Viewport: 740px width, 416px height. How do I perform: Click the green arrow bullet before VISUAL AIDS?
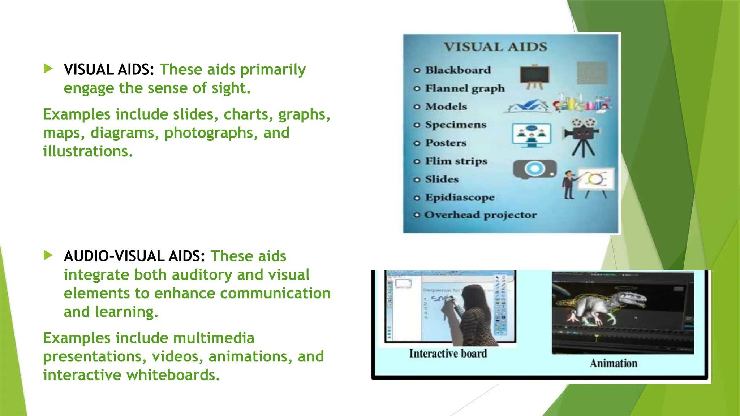point(48,68)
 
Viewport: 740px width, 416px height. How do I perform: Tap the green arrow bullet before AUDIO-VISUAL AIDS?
point(48,255)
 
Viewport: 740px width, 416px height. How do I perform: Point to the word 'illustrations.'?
point(88,151)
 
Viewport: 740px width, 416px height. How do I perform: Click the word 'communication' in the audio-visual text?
point(275,293)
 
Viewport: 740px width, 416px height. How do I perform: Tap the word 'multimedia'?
point(214,338)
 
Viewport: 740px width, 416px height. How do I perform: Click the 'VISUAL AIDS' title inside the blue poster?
point(495,47)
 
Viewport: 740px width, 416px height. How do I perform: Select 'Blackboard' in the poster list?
point(458,70)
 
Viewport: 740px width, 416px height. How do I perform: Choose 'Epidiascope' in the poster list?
point(460,198)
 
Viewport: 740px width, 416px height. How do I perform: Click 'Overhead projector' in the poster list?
point(480,215)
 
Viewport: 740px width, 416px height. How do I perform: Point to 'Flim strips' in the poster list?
point(456,161)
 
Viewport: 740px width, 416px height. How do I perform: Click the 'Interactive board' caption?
point(448,354)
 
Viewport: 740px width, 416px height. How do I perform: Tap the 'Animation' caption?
point(614,363)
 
